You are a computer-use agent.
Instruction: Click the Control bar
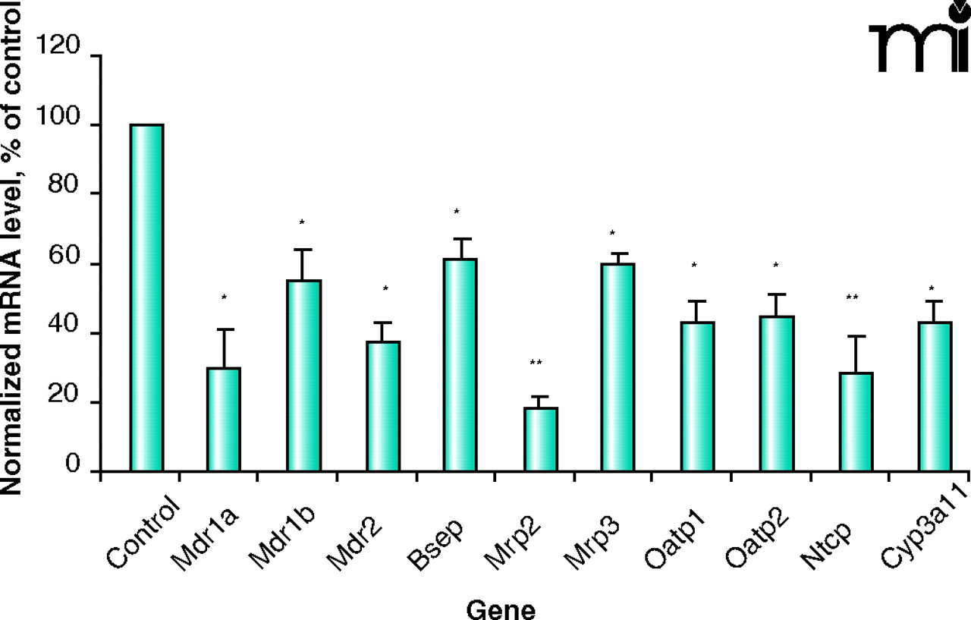click(146, 297)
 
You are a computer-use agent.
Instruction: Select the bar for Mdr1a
click(224, 419)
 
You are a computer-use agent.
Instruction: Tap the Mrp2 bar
click(541, 439)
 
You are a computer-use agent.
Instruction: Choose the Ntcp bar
click(856, 422)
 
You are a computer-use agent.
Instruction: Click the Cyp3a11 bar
click(934, 396)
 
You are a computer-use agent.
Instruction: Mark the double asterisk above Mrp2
click(536, 364)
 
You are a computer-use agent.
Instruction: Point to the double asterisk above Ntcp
click(852, 298)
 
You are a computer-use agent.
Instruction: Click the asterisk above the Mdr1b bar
click(301, 223)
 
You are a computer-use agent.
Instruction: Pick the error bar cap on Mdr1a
click(225, 329)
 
